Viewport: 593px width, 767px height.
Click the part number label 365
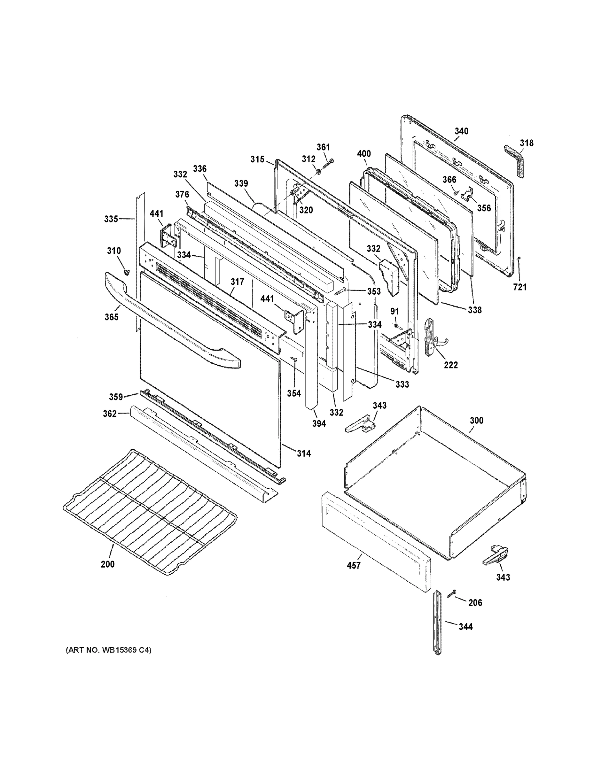[111, 317]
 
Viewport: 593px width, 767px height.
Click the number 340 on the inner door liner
[461, 131]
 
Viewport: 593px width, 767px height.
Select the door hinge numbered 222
[432, 337]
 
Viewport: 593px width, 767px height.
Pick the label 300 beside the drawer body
[476, 420]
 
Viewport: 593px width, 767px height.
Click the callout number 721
[519, 287]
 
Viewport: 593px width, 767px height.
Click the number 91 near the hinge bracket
[394, 311]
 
